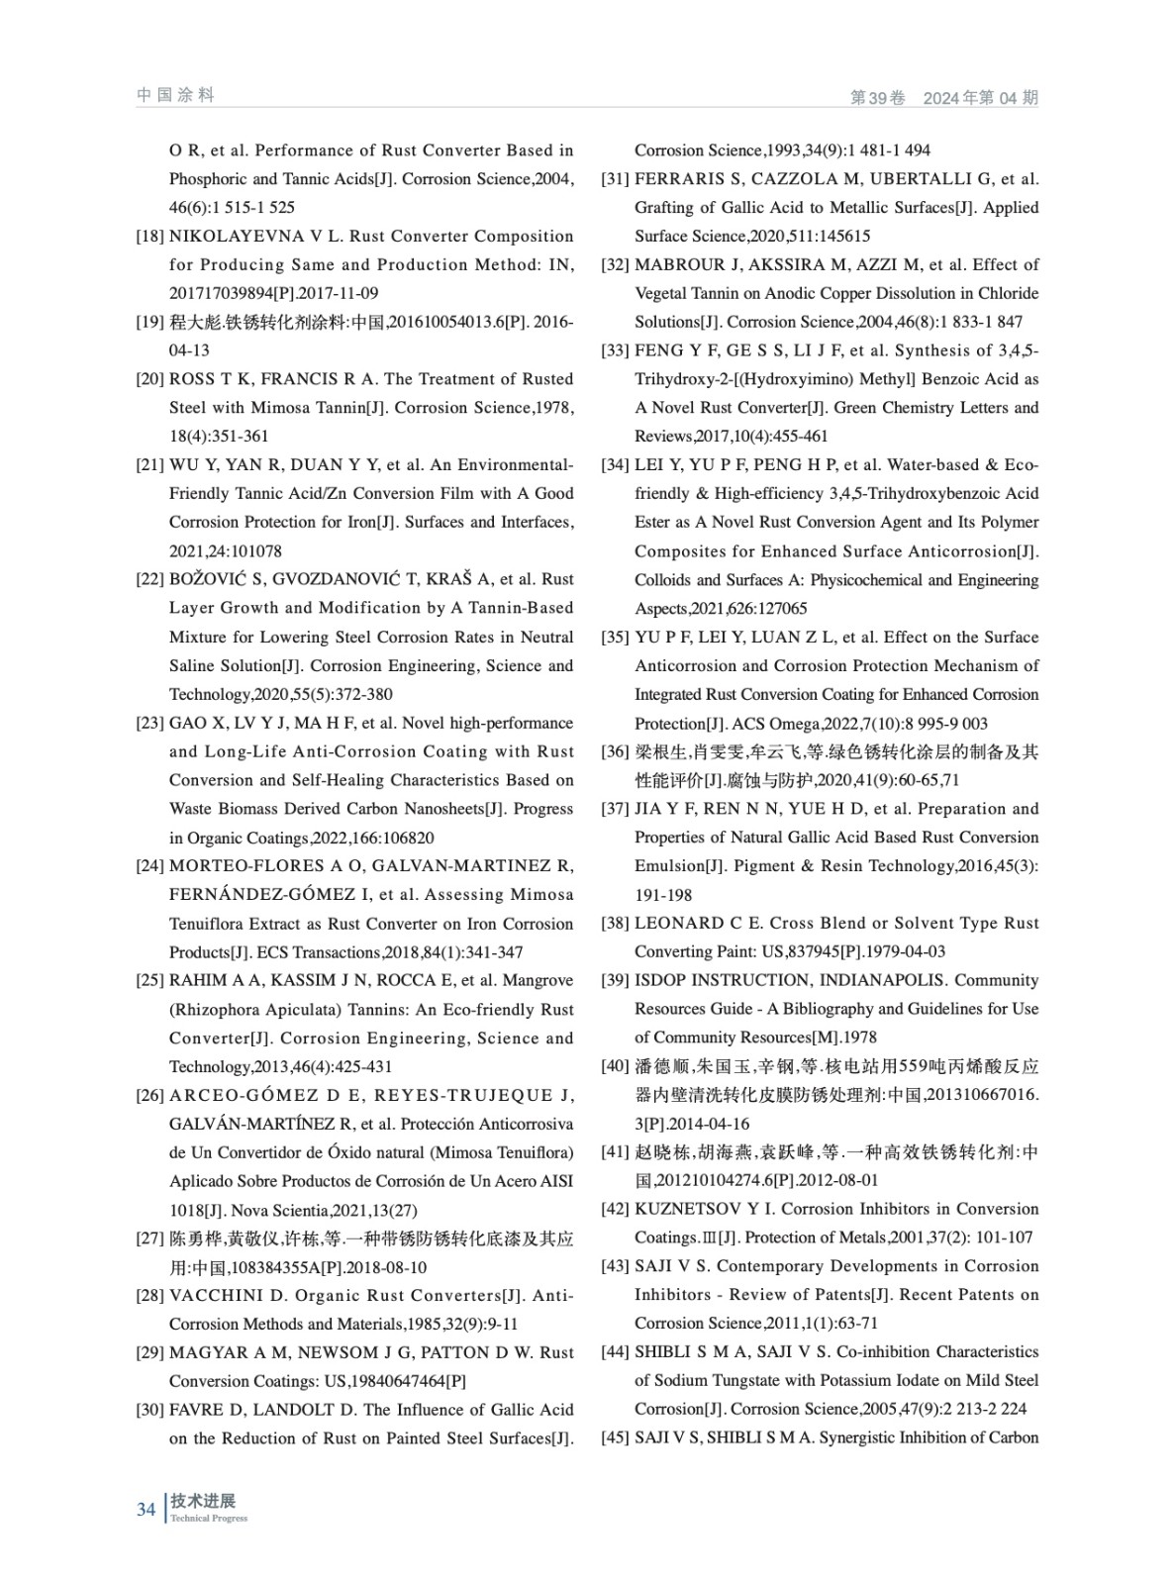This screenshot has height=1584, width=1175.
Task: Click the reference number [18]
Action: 149,237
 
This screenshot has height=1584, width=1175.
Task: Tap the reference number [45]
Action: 615,1437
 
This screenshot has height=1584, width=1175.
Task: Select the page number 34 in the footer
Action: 147,1510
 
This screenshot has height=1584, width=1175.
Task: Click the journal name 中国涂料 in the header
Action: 175,95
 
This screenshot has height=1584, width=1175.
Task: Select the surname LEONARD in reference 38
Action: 678,923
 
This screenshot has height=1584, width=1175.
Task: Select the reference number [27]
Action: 149,1238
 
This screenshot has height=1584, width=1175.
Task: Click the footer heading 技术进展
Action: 203,1501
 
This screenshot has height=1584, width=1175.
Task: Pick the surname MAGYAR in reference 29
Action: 204,1352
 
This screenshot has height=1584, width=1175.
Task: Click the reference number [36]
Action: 615,751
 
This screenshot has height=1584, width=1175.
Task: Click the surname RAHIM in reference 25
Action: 197,980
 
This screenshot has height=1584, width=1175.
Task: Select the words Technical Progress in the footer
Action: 209,1519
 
